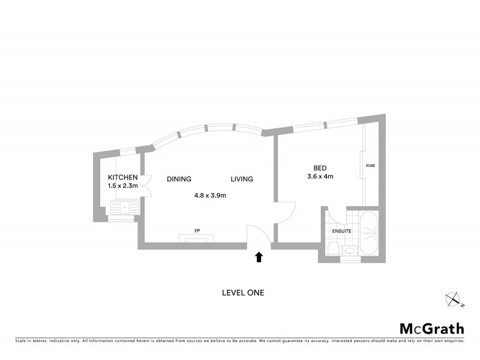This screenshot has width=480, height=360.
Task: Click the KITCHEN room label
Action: click(x=123, y=178)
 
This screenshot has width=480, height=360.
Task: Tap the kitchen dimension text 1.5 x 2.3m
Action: click(x=123, y=186)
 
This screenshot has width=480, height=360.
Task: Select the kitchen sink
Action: click(x=124, y=208)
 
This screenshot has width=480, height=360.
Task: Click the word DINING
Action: click(x=179, y=179)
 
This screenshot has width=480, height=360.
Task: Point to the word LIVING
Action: click(x=242, y=179)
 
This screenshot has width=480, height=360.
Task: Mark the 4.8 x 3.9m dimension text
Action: click(x=209, y=195)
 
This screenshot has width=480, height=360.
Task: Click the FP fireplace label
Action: click(x=196, y=231)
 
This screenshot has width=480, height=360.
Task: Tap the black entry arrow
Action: click(x=259, y=257)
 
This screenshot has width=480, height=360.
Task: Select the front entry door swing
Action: click(x=257, y=234)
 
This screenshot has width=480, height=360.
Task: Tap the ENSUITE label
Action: click(x=341, y=230)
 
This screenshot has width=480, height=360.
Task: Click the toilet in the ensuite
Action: click(x=333, y=250)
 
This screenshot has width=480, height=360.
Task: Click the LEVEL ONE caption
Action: click(x=242, y=293)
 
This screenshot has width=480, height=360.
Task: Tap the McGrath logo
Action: click(x=432, y=328)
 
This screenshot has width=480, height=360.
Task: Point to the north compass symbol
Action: click(x=454, y=298)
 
